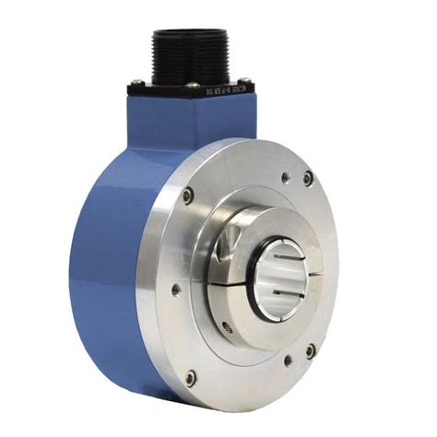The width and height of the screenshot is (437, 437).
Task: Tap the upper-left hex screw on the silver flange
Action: point(189,195)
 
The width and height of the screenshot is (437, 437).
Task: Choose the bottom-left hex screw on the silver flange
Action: point(190,377)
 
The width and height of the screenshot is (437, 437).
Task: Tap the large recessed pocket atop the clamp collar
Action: point(226,243)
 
